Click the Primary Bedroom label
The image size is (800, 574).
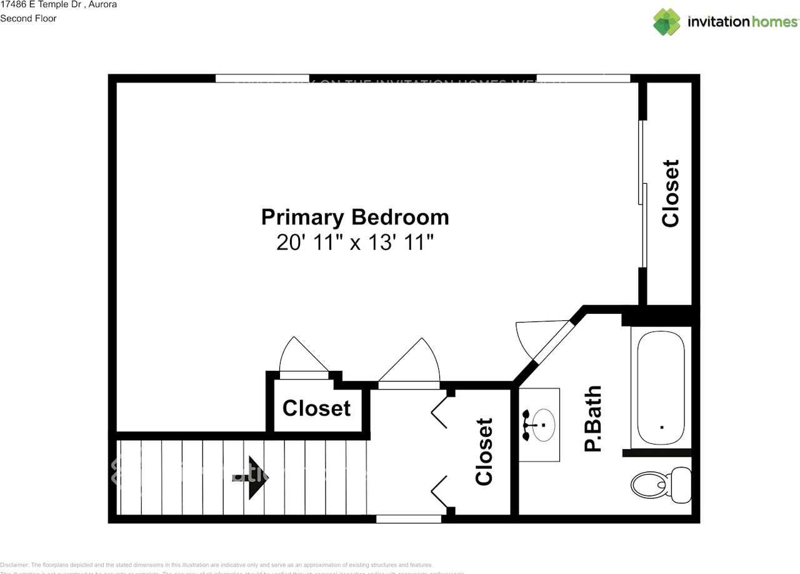[x=354, y=217]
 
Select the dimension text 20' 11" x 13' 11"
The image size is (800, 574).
[x=354, y=243]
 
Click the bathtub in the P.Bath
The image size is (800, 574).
[x=661, y=388]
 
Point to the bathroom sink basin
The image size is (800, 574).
[x=541, y=425]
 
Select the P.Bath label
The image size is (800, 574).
[x=592, y=418]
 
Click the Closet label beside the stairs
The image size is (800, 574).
[x=316, y=408]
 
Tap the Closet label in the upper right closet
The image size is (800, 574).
[x=670, y=193]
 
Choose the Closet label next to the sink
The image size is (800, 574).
[x=484, y=451]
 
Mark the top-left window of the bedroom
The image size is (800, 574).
[x=262, y=78]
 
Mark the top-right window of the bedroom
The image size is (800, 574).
[x=583, y=78]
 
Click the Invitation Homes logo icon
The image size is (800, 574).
[x=667, y=22]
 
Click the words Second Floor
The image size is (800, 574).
[x=28, y=18]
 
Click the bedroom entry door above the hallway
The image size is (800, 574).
[x=409, y=363]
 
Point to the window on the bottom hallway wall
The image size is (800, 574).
[x=409, y=518]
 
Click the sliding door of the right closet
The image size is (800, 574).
[x=642, y=194]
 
